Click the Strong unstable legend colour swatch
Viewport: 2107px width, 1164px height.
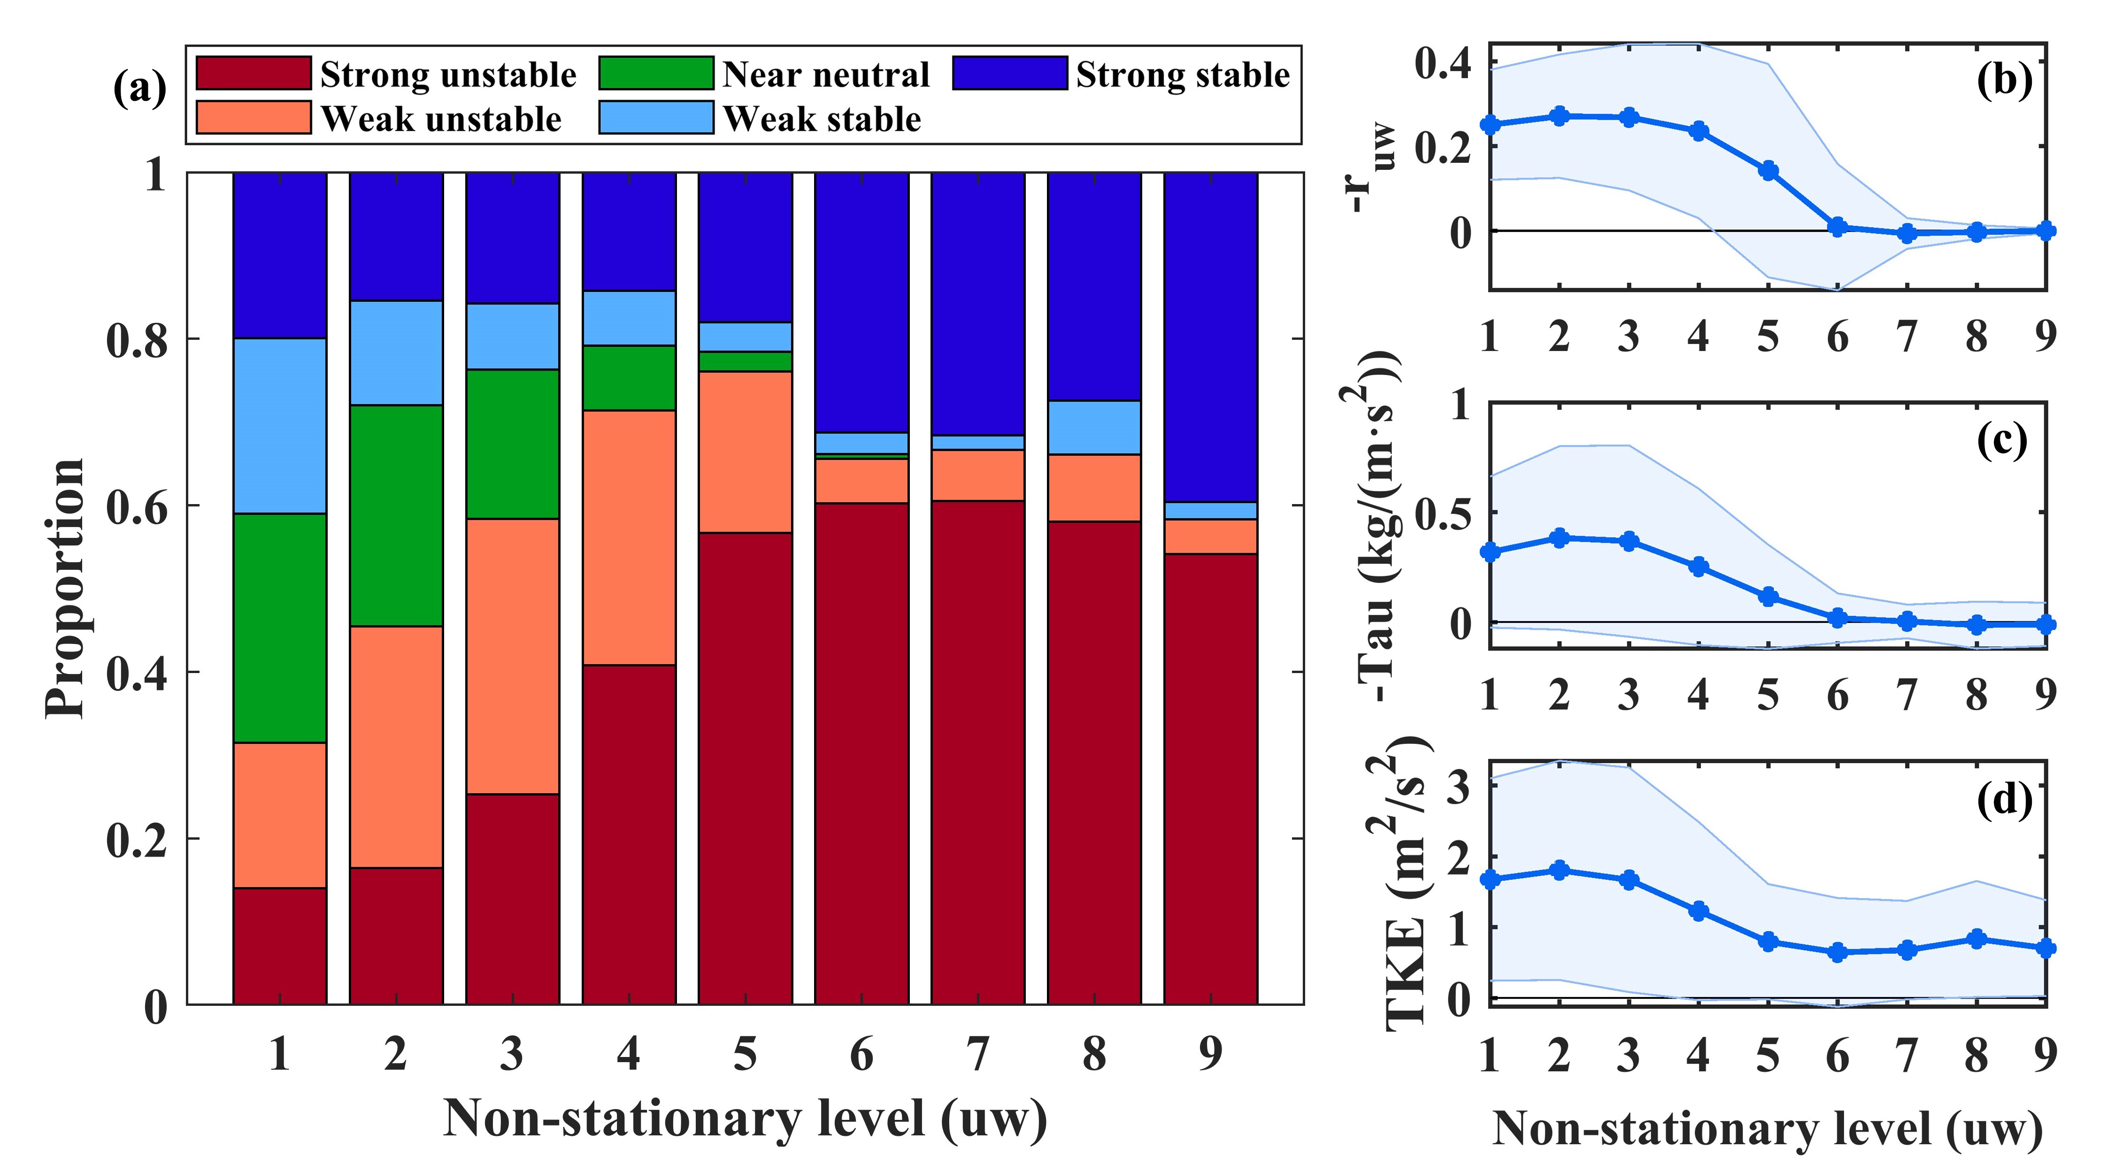tap(254, 73)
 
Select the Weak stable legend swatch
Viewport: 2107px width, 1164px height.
tap(656, 117)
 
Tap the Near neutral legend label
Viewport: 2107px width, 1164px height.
tap(826, 75)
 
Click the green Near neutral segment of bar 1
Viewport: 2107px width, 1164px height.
tap(280, 628)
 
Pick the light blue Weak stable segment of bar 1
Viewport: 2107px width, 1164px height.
tap(280, 425)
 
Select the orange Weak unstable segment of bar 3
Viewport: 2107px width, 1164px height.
tap(513, 656)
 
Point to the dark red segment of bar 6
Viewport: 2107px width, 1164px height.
tap(861, 752)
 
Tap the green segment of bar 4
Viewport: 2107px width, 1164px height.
tap(629, 378)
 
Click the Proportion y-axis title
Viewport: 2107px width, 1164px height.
tap(65, 589)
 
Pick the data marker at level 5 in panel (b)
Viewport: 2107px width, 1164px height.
tap(1769, 171)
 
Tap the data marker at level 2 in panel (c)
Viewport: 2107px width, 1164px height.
tap(1560, 538)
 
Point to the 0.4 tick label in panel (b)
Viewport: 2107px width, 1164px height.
tap(1444, 64)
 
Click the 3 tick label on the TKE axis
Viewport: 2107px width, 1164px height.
tap(1458, 787)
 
